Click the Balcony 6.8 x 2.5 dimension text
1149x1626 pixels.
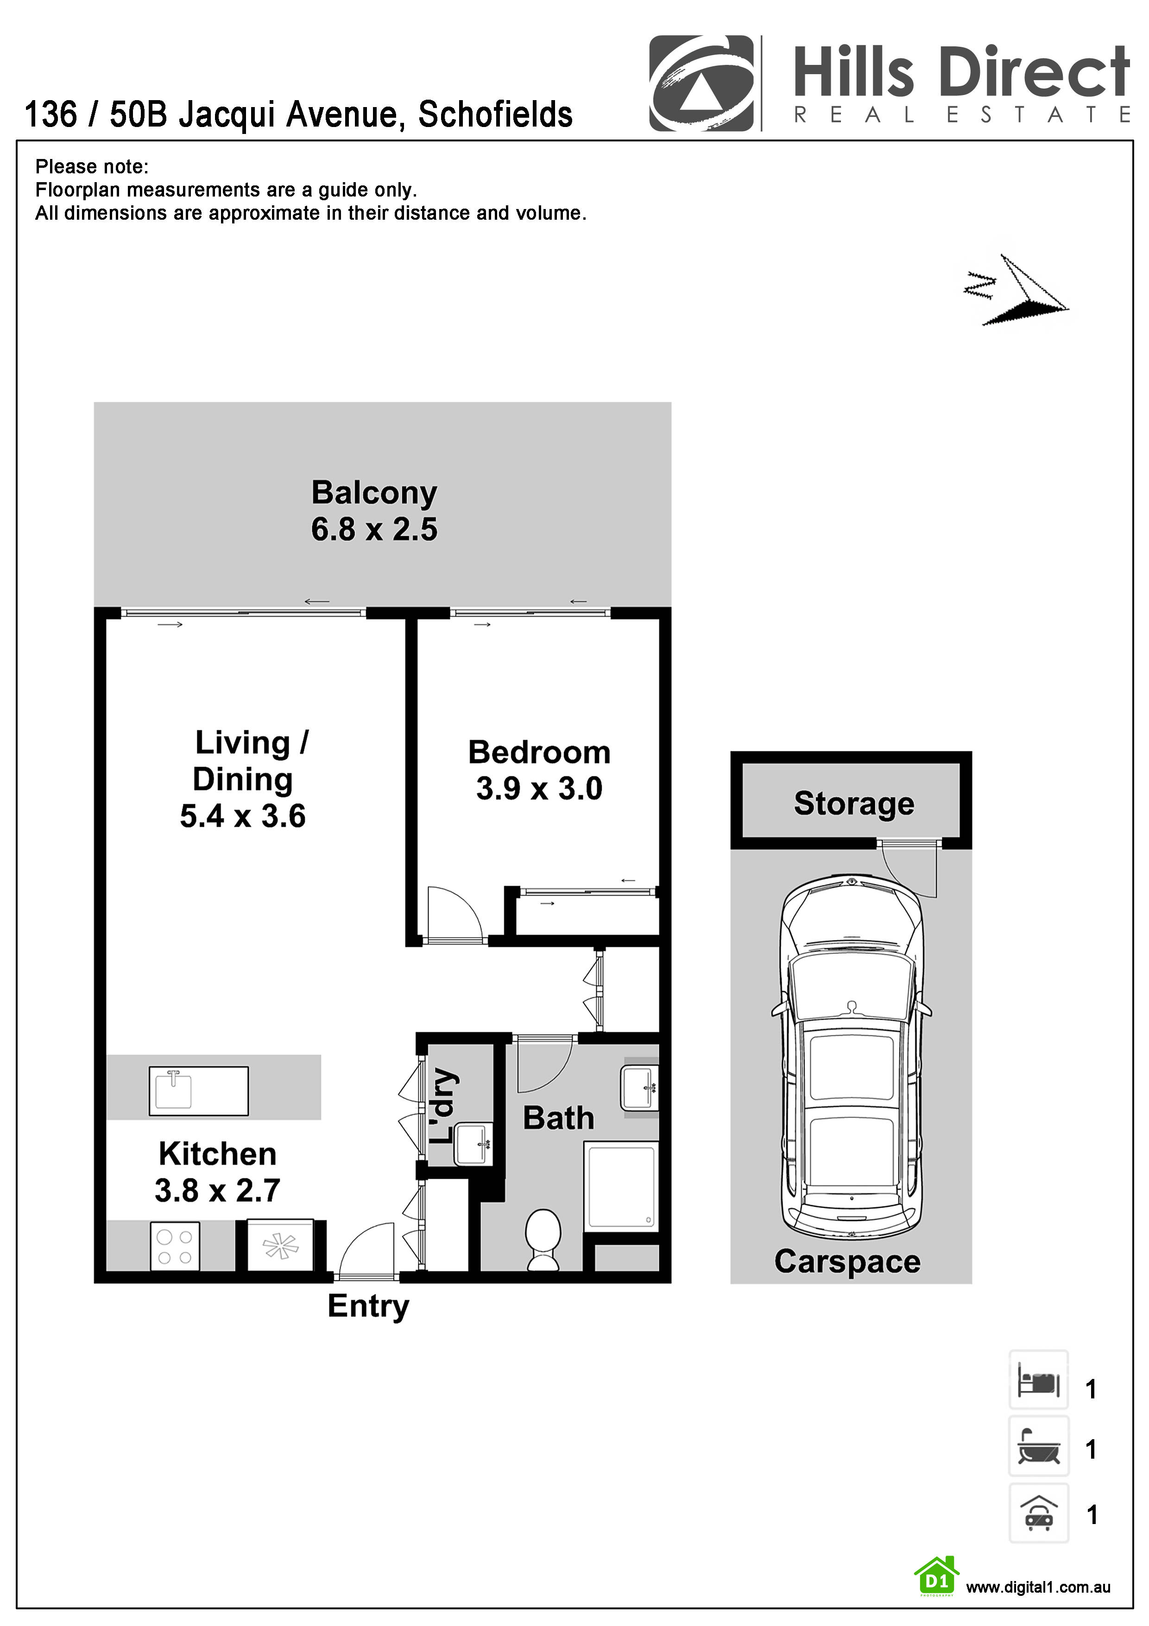[x=374, y=530]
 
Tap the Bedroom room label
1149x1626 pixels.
[x=539, y=752]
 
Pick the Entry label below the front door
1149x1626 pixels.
[x=368, y=1306]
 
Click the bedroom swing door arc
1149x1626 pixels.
[x=457, y=914]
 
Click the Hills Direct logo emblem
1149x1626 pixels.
[x=701, y=83]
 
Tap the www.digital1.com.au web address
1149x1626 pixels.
[x=1037, y=1587]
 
